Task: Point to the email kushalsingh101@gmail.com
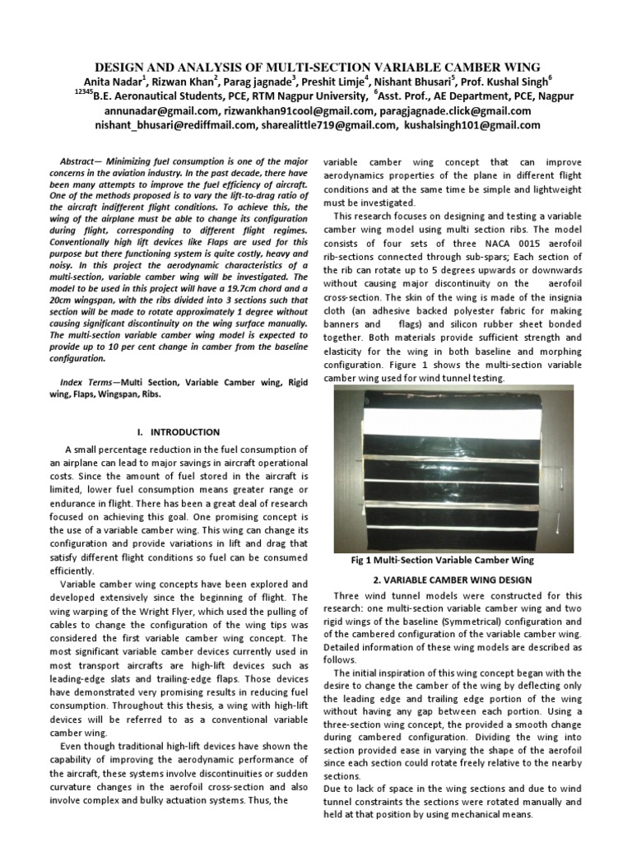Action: pos(472,125)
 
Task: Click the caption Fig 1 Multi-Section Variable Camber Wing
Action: pos(442,560)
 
